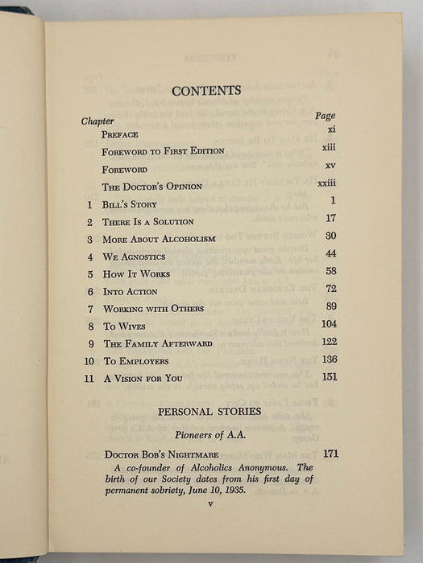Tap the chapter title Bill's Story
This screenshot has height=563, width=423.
tap(130, 204)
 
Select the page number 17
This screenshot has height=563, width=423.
tap(328, 219)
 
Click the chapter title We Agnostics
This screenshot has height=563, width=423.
tap(134, 257)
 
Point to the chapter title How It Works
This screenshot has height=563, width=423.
tap(136, 274)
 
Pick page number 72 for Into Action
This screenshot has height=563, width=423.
tap(328, 289)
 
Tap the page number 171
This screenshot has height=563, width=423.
tap(330, 454)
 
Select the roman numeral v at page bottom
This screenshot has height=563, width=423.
tap(209, 504)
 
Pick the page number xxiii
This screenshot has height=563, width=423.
tap(326, 185)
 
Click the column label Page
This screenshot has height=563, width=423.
tap(326, 115)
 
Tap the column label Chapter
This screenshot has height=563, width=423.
tap(97, 121)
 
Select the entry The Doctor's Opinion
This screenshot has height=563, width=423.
tap(145, 187)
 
